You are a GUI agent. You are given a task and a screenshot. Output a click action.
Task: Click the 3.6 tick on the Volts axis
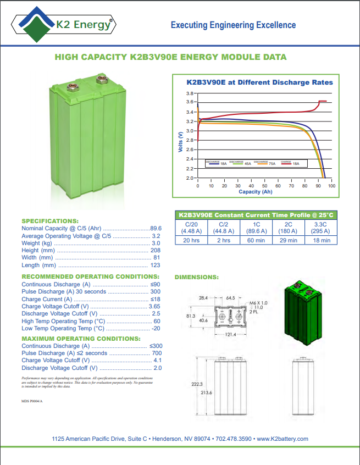click(x=191, y=102)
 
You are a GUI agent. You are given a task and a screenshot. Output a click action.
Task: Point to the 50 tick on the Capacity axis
click(x=278, y=186)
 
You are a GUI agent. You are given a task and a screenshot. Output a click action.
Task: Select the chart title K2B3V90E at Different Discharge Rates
click(x=259, y=82)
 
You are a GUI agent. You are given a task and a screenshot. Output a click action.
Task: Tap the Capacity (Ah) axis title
click(x=256, y=192)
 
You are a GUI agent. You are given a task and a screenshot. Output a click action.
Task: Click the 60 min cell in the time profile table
click(x=256, y=240)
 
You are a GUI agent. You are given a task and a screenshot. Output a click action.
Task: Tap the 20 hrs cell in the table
click(x=191, y=240)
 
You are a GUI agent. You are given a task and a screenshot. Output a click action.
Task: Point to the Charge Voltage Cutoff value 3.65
click(x=154, y=306)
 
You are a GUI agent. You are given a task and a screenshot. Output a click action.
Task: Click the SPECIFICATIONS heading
click(x=50, y=220)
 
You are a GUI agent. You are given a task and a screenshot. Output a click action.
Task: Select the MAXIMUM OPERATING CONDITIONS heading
click(x=80, y=338)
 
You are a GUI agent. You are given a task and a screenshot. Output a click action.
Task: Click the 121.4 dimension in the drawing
click(x=230, y=335)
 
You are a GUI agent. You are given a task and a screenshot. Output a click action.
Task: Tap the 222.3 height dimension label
click(x=197, y=384)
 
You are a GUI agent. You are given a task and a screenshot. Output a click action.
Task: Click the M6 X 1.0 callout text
click(x=258, y=303)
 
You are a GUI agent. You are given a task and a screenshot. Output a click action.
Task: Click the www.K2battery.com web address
click(x=283, y=439)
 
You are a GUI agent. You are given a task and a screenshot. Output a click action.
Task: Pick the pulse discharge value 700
click(x=156, y=353)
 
